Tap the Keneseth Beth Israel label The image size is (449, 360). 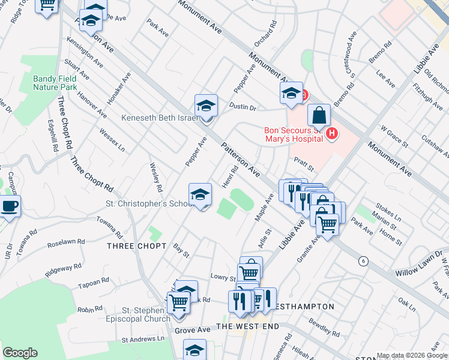pyautogui.click(x=160, y=118)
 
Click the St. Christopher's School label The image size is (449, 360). pyautogui.click(x=148, y=203)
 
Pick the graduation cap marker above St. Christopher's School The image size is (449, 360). pyautogui.click(x=200, y=194)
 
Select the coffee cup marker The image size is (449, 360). pyautogui.click(x=10, y=206)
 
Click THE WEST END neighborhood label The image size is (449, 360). pyautogui.click(x=248, y=326)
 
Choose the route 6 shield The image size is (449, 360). pyautogui.click(x=363, y=261)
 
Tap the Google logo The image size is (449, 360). pyautogui.click(x=20, y=353)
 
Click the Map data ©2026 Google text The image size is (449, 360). pyautogui.click(x=412, y=356)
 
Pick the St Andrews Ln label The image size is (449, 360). pyautogui.click(x=143, y=340)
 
